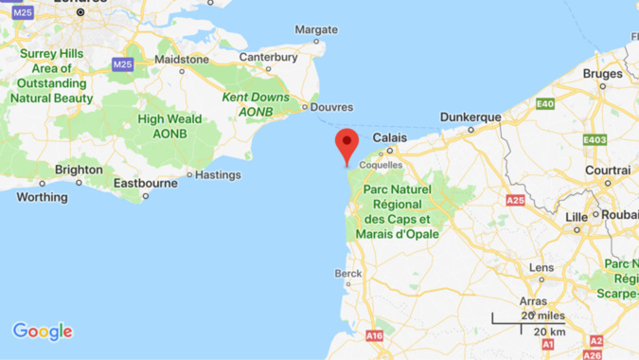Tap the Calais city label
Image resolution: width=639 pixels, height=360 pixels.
(x=390, y=137)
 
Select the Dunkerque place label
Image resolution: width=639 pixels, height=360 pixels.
(x=470, y=117)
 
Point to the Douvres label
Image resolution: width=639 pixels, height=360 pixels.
(x=331, y=107)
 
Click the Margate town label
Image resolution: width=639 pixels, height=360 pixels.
(x=315, y=29)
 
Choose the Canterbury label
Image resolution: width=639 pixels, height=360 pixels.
(x=268, y=58)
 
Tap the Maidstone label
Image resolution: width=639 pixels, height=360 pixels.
(x=182, y=59)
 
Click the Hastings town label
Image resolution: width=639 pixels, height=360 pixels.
(x=220, y=174)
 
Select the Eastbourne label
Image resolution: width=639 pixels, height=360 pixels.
(x=145, y=182)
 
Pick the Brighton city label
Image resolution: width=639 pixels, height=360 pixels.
(x=79, y=170)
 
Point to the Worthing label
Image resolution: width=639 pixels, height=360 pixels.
(x=43, y=197)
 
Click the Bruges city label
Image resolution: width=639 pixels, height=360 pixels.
(x=603, y=73)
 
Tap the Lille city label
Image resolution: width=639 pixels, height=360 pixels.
(x=576, y=217)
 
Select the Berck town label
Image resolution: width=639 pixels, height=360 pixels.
(x=347, y=274)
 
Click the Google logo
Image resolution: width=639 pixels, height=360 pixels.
(x=43, y=332)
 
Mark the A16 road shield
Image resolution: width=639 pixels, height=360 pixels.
(x=375, y=335)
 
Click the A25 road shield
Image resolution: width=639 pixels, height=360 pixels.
(x=515, y=201)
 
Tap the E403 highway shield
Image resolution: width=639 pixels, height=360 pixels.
(x=594, y=140)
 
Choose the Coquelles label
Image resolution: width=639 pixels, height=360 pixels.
(x=382, y=164)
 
